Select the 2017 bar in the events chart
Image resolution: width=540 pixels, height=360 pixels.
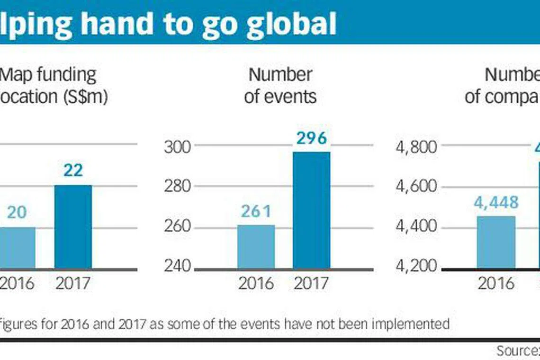(312, 210)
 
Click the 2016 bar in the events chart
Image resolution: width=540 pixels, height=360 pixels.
(256, 247)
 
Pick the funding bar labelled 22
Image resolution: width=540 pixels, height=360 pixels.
(73, 227)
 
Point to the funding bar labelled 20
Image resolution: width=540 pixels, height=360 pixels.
(17, 248)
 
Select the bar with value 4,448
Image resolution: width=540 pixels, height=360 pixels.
(496, 243)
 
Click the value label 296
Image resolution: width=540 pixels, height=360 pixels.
(312, 138)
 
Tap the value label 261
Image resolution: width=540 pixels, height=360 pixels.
(256, 211)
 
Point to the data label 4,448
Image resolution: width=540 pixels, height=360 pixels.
(496, 203)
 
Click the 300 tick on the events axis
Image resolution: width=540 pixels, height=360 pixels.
(177, 147)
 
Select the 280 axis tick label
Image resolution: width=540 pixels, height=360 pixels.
(177, 186)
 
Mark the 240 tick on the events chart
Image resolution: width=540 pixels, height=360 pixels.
(177, 266)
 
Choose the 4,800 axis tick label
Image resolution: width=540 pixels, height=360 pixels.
(415, 147)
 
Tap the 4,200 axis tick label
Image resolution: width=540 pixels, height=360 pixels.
(415, 266)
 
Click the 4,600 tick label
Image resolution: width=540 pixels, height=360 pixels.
(415, 186)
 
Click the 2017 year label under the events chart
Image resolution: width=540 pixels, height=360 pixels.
(312, 283)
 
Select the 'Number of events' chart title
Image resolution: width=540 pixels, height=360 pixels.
(280, 85)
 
